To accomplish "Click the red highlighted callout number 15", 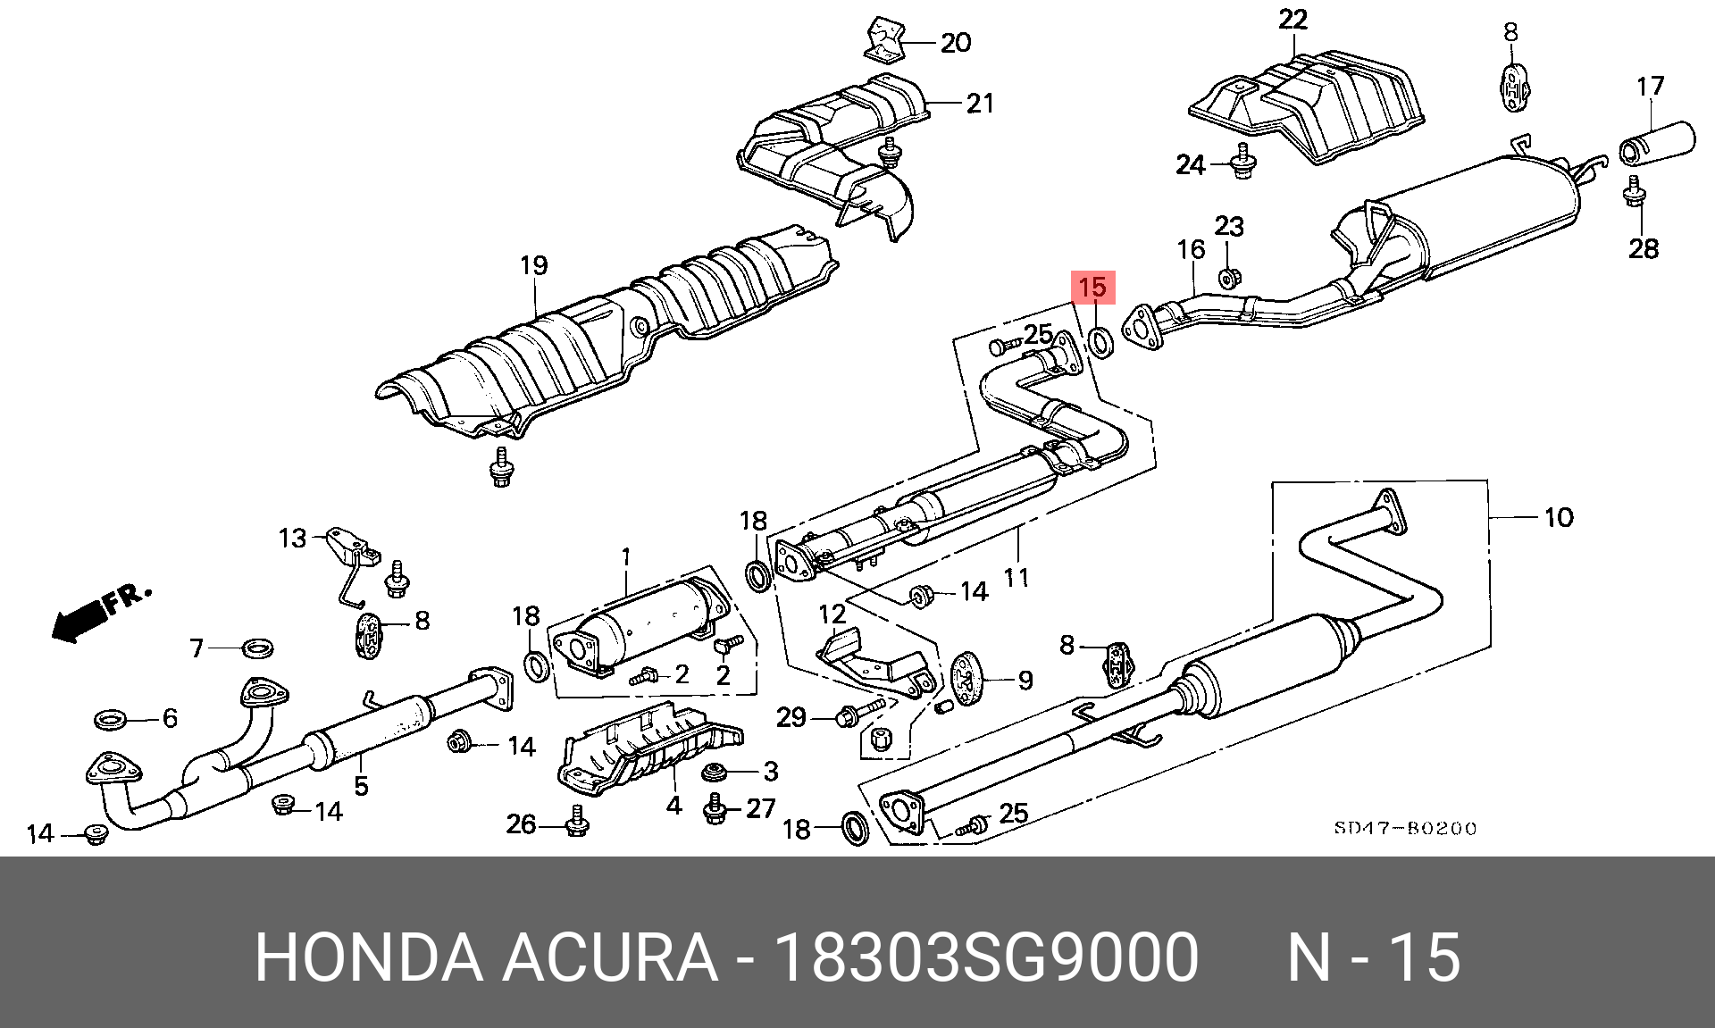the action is [1092, 288].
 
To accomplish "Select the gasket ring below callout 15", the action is [1101, 341].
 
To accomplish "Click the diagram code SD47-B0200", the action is [1405, 828].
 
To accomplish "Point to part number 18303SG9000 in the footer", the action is [986, 957].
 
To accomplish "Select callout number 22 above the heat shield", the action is [1293, 20].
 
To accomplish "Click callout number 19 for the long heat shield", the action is [533, 265].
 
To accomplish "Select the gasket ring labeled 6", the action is [110, 717].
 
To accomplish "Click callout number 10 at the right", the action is [1559, 517].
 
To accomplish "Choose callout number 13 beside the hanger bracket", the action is [292, 539].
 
